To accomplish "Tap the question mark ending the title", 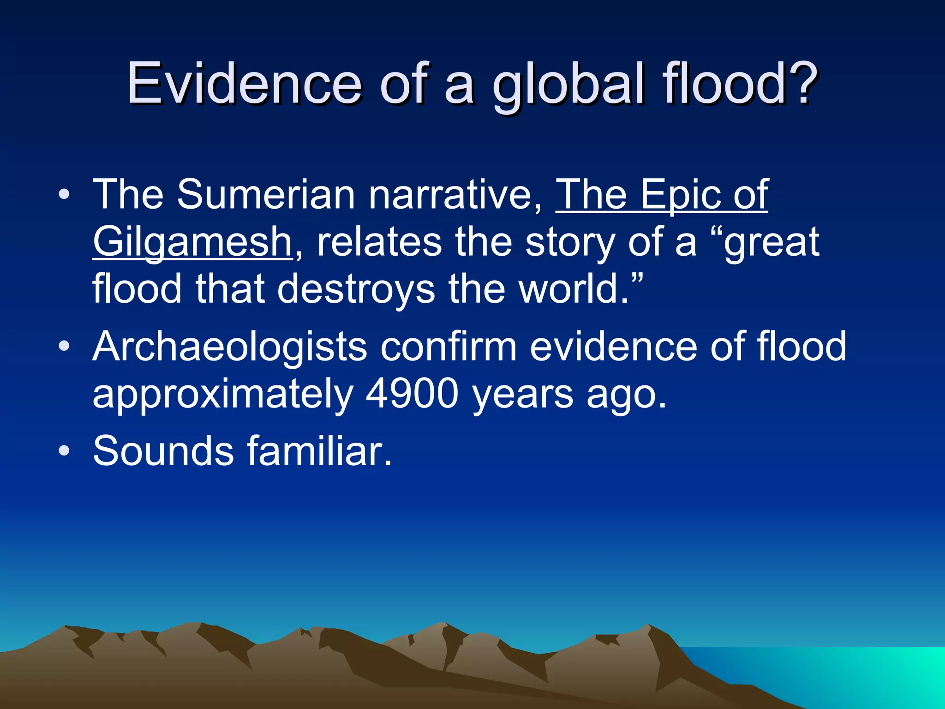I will (x=797, y=83).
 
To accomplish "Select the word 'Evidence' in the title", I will (x=245, y=83).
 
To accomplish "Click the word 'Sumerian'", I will (x=266, y=195).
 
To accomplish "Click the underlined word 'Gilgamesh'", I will (x=192, y=243).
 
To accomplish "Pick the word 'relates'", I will (x=379, y=242).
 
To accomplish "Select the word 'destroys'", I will (x=356, y=290).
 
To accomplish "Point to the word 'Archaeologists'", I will (x=230, y=347).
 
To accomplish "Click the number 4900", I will (x=413, y=394).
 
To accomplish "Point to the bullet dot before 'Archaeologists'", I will (x=64, y=346).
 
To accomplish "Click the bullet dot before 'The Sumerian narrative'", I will (x=64, y=195).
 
